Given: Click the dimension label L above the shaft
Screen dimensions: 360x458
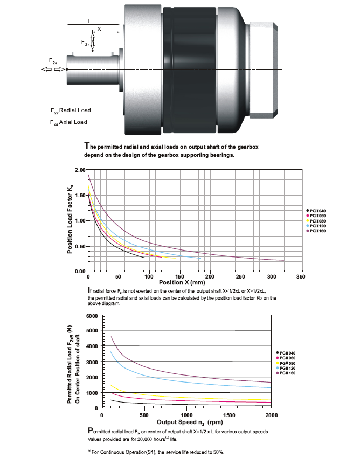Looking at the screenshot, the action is click(x=89, y=22).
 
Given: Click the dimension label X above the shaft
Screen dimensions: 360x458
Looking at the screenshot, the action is click(x=99, y=29).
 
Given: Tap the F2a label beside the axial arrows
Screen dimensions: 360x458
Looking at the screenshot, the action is click(x=53, y=61).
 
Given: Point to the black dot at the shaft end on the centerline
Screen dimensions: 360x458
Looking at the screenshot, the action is click(x=67, y=69).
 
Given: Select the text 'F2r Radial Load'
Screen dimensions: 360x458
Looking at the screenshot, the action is click(x=71, y=110).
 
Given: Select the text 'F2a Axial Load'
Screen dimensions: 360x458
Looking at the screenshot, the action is click(x=68, y=122).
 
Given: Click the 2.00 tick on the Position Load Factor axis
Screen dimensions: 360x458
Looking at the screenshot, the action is click(x=80, y=170).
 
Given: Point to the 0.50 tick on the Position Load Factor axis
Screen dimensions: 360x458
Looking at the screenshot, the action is click(x=80, y=246).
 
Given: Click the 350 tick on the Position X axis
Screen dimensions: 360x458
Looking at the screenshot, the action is click(x=301, y=276).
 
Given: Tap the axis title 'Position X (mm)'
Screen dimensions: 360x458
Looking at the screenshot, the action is click(x=182, y=282).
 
